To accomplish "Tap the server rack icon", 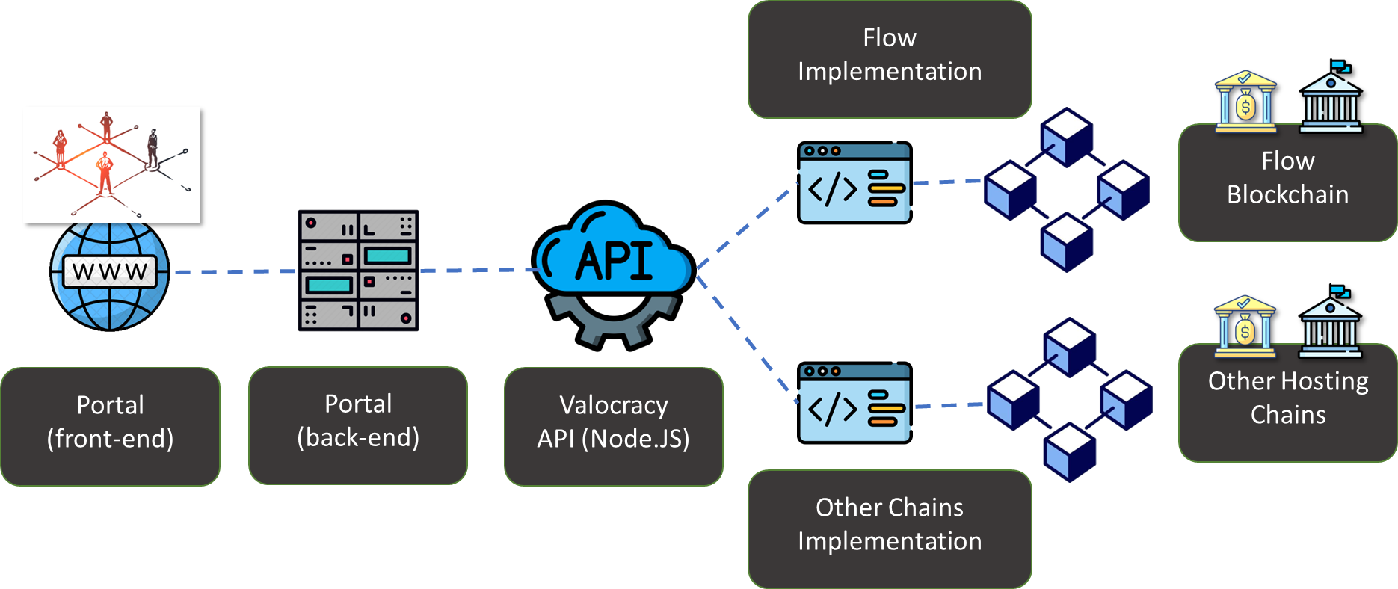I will tap(358, 271).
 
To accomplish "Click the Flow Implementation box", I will tap(890, 58).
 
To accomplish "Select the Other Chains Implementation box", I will tap(890, 528).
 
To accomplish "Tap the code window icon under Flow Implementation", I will tap(854, 183).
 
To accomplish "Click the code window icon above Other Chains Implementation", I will tap(854, 404).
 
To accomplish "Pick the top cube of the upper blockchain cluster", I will tap(1067, 137).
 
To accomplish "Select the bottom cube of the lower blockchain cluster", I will tap(1070, 451).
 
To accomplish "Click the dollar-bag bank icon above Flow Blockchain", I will tap(1245, 102).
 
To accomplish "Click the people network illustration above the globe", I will tap(111, 164).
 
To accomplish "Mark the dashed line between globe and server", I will tap(233, 272).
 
